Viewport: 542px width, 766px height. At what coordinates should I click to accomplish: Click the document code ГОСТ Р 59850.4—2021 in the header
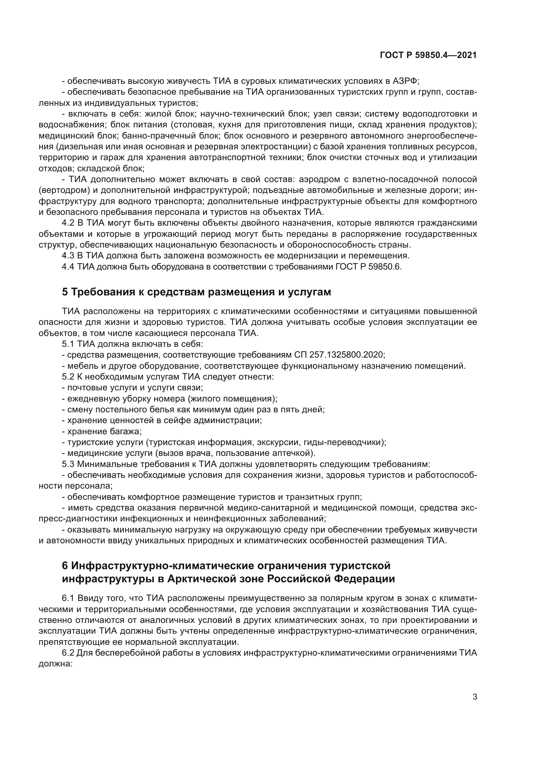tap(428, 55)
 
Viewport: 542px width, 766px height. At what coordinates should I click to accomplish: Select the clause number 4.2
tap(68, 223)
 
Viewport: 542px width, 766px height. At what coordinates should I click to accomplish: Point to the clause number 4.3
tap(68, 255)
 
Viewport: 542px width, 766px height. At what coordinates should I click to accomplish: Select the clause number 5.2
tap(68, 377)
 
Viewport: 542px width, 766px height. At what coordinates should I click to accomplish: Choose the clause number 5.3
tap(68, 464)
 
